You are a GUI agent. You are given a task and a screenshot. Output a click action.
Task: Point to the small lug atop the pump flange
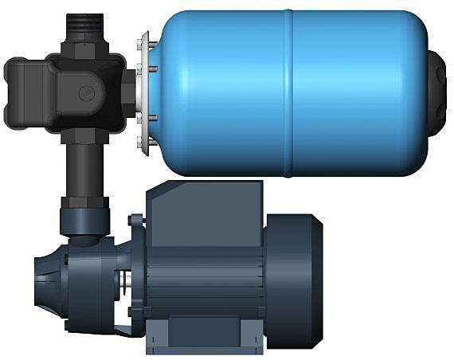[x=136, y=221]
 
